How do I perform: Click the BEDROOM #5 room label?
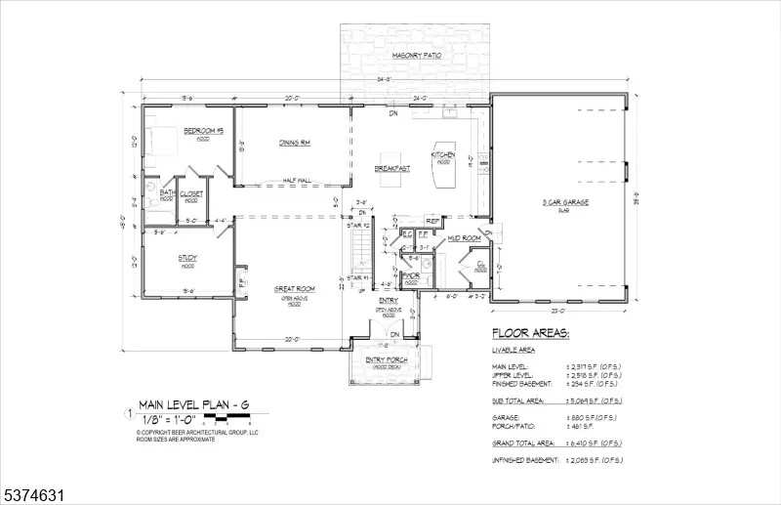point(205,131)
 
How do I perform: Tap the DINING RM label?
point(294,144)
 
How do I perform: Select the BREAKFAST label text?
point(391,168)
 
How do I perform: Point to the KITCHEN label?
point(443,155)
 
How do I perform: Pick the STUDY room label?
point(187,258)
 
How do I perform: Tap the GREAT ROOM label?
point(293,288)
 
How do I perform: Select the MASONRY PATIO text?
point(416,56)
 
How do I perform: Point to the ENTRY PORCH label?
point(387,360)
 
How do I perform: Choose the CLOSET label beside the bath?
point(191,193)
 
